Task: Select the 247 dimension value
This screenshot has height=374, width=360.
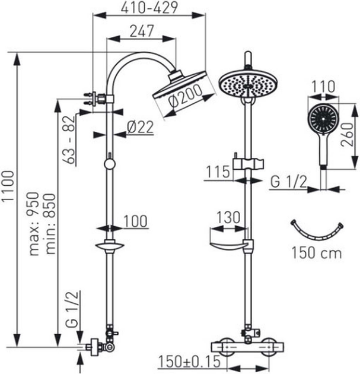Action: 141,30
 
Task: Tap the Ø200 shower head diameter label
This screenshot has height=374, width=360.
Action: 183,96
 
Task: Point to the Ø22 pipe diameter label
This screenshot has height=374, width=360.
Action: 141,126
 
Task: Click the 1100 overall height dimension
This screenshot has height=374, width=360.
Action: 9,196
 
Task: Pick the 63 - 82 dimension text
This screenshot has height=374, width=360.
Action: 70,141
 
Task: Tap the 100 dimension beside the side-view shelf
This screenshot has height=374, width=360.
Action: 136,221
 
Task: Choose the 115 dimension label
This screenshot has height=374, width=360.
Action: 218,172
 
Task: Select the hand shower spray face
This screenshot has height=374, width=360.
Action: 321,118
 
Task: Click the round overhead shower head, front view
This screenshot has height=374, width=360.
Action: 247,83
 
